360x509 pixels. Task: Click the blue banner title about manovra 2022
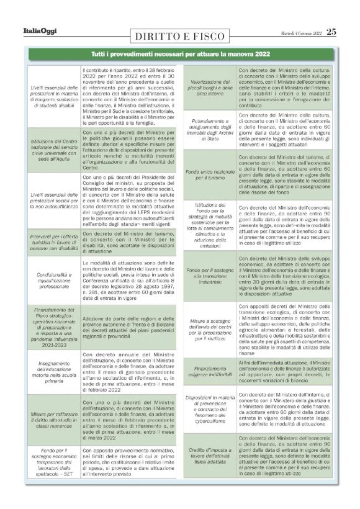click(x=180, y=55)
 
